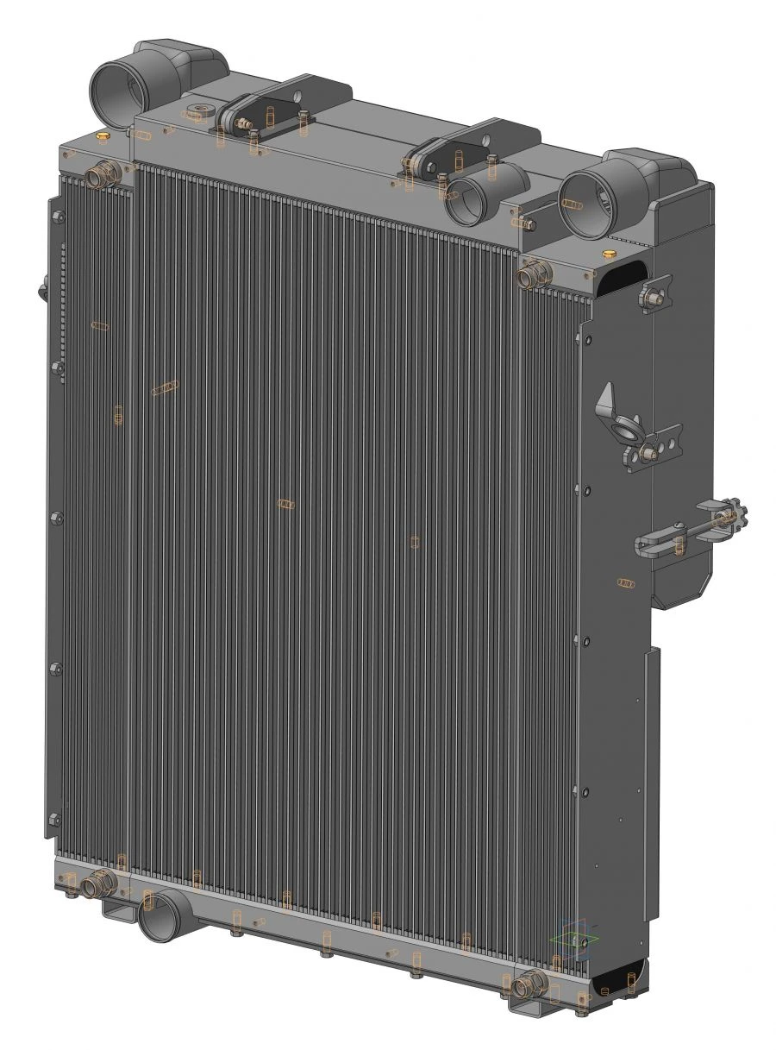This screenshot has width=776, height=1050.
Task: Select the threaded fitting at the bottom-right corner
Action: [529, 984]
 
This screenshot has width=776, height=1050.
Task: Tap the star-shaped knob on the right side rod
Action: [731, 518]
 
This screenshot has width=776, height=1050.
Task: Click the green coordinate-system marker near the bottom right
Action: [571, 941]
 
